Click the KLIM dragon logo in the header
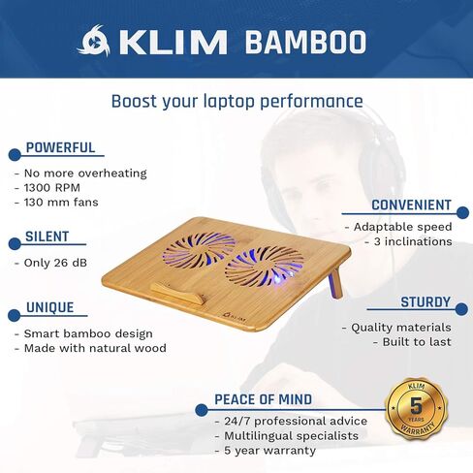click(x=95, y=42)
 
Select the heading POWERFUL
click(x=60, y=148)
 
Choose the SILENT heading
click(x=47, y=236)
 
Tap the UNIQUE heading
click(x=50, y=308)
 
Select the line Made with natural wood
click(x=94, y=348)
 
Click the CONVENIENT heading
click(x=412, y=205)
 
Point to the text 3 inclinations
click(x=407, y=241)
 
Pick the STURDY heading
click(x=426, y=302)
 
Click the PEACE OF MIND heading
click(x=264, y=399)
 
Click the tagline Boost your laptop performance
click(x=236, y=101)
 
